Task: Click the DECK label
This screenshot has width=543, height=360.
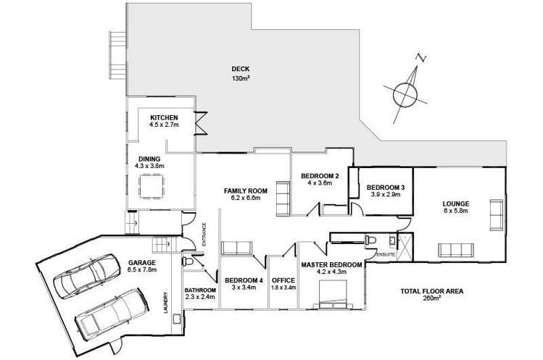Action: click(x=240, y=70)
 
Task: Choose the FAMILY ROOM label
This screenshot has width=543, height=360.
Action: click(x=245, y=191)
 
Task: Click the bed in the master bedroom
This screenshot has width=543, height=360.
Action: click(x=336, y=291)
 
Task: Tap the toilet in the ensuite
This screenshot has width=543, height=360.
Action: click(x=370, y=240)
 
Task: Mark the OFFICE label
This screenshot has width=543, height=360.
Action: click(x=282, y=280)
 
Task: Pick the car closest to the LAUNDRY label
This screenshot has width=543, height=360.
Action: click(x=109, y=309)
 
